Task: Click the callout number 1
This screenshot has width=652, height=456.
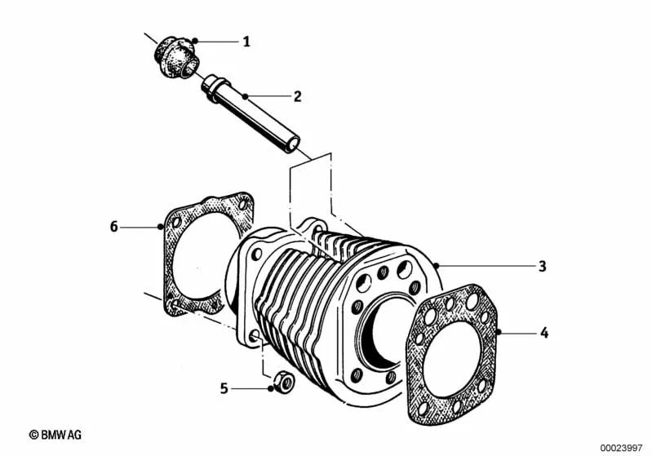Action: [x=246, y=41]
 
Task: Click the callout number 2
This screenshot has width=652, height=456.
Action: [x=298, y=96]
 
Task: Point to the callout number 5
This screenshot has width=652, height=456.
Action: [x=224, y=388]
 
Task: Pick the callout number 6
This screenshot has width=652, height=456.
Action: [x=114, y=226]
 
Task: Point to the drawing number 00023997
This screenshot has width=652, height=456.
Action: [x=623, y=447]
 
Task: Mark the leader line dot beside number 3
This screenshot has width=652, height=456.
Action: [x=437, y=266]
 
